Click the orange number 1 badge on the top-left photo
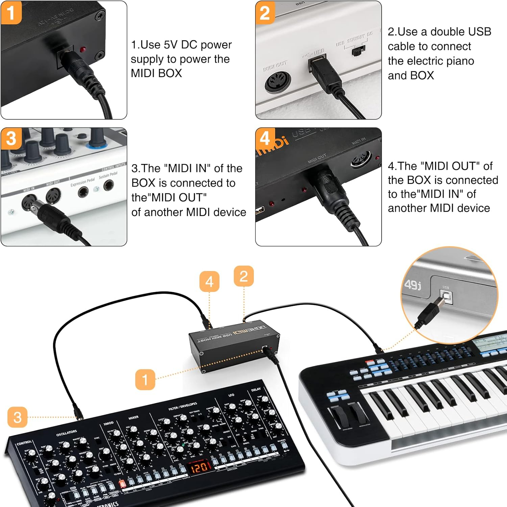[x=11, y=13]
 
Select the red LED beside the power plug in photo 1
[x=82, y=49]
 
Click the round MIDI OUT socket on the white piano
[x=277, y=82]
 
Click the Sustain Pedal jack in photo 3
[x=108, y=186]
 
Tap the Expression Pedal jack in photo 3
[x=83, y=192]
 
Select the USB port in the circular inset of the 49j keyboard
[x=447, y=297]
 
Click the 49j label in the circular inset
[x=413, y=285]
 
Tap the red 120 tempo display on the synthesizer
[x=199, y=467]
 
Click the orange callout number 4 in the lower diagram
[x=209, y=281]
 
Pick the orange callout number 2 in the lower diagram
[x=244, y=276]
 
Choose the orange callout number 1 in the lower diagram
[x=145, y=380]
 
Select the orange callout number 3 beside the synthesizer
[x=18, y=417]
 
